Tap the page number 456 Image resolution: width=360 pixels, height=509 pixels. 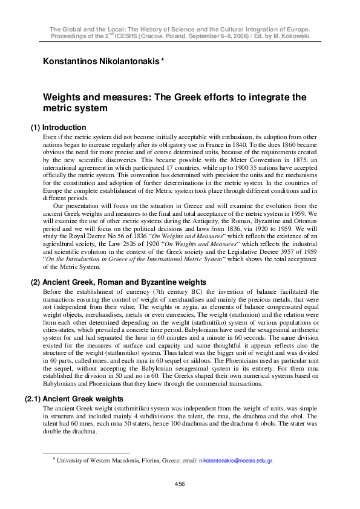click(180, 484)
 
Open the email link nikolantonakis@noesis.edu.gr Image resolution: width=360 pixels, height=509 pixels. click(237, 460)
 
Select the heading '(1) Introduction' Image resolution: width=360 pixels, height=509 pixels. click(58, 128)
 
